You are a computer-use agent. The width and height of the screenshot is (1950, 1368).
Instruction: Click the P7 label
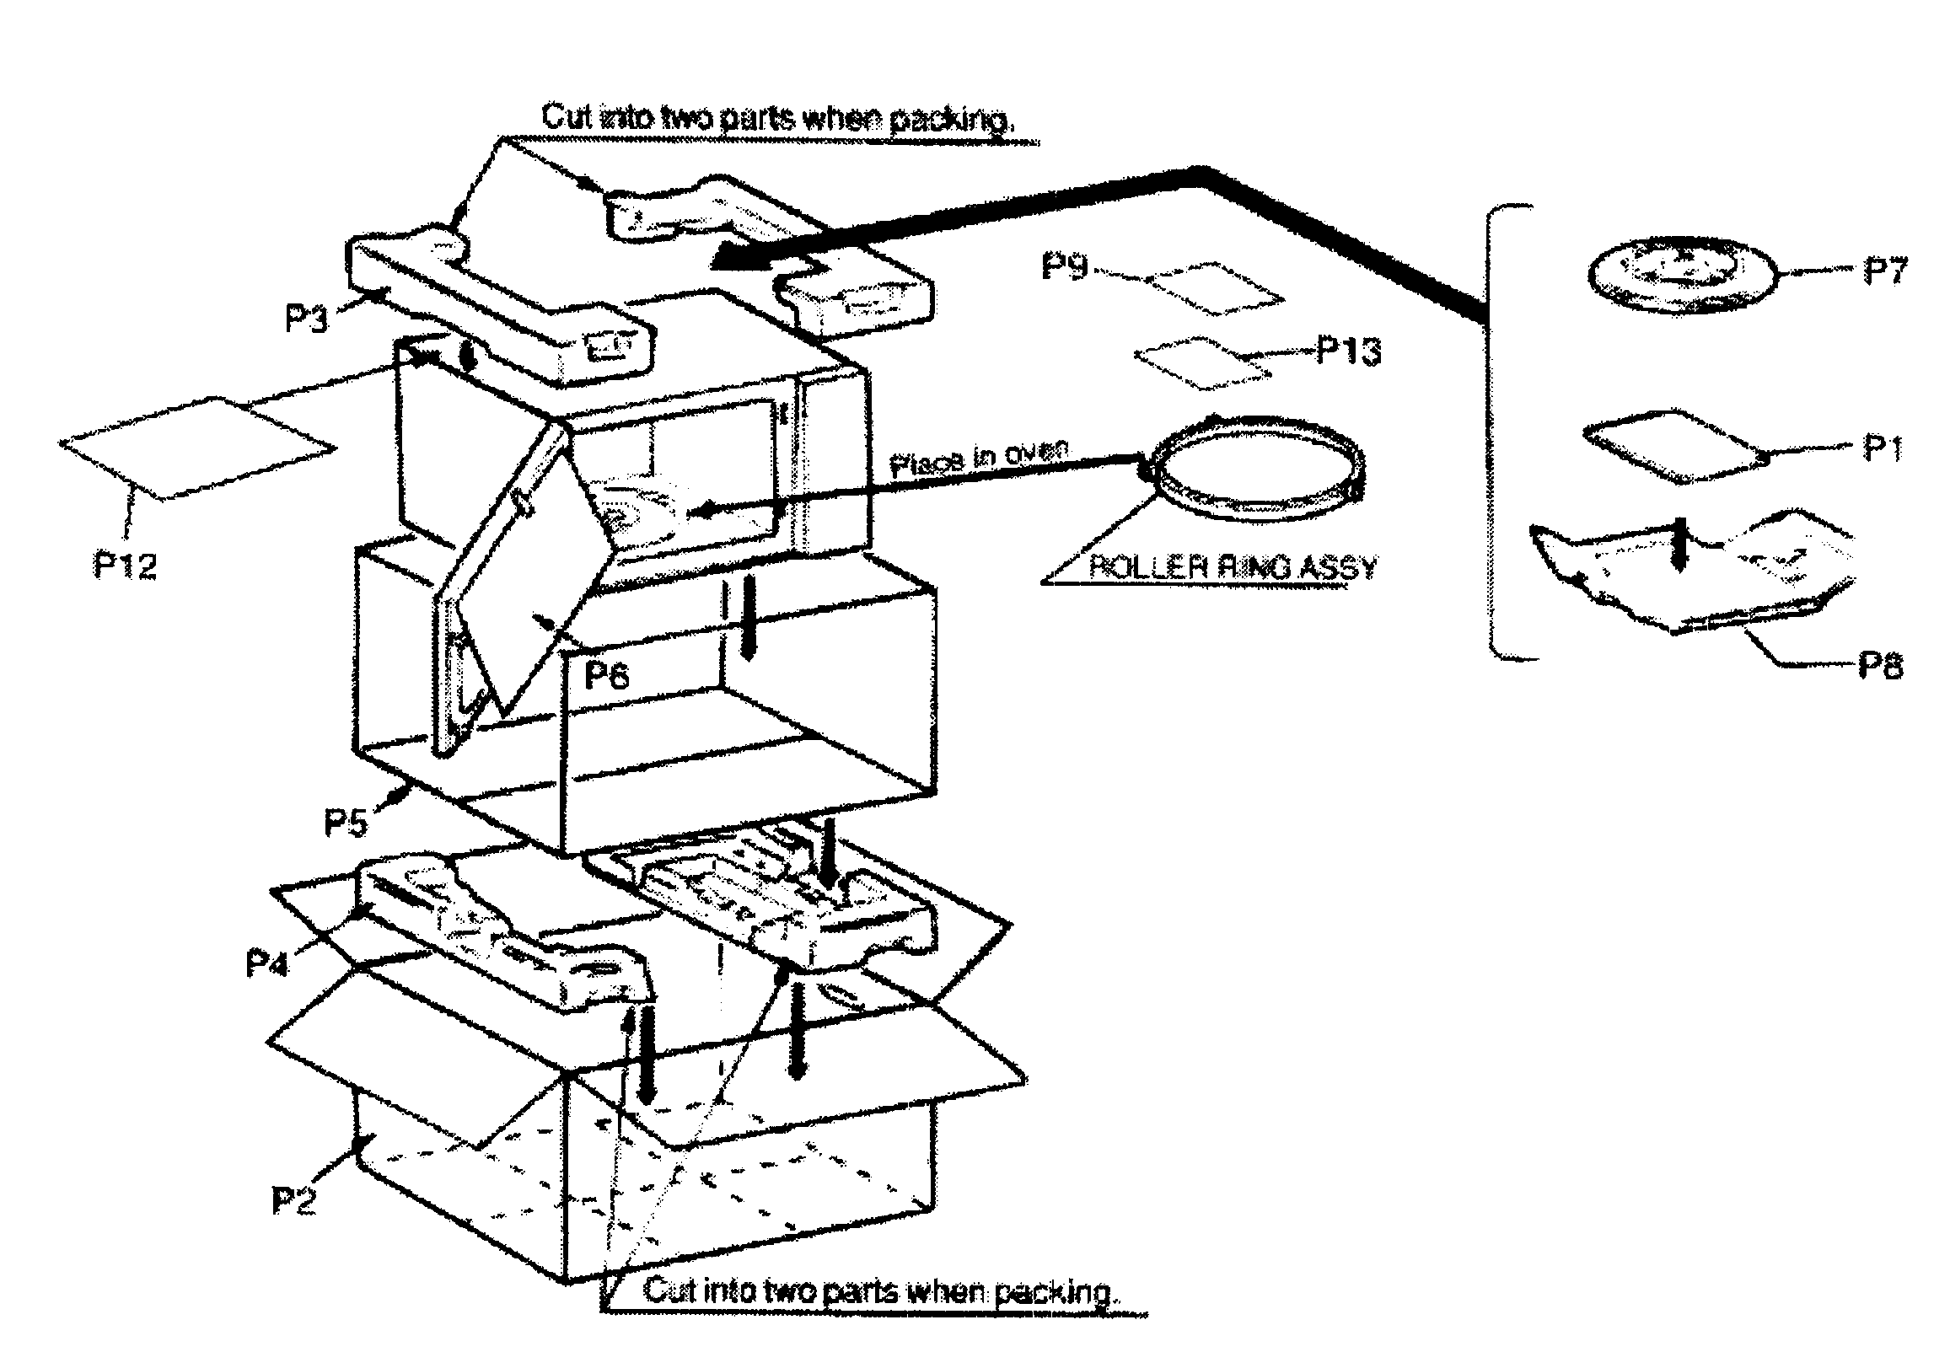pyautogui.click(x=1883, y=271)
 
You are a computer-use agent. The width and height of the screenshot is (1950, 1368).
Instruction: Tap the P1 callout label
pyautogui.click(x=1881, y=448)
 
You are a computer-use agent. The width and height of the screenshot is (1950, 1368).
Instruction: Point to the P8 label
pyautogui.click(x=1879, y=666)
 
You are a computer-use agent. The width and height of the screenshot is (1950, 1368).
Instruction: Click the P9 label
pyautogui.click(x=1064, y=266)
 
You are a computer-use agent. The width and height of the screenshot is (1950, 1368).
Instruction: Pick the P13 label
pyautogui.click(x=1348, y=350)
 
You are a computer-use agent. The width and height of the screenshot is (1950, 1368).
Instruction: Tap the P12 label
pyautogui.click(x=125, y=565)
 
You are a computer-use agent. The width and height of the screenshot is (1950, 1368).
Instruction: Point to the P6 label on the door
pyautogui.click(x=606, y=675)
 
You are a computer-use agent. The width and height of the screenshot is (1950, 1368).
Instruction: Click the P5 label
pyautogui.click(x=346, y=822)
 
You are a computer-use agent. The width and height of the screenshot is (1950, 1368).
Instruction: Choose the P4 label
pyautogui.click(x=266, y=963)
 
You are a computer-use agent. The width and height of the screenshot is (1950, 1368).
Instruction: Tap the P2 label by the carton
pyautogui.click(x=294, y=1200)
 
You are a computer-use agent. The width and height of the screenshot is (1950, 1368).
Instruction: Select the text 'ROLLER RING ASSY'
pyautogui.click(x=1232, y=567)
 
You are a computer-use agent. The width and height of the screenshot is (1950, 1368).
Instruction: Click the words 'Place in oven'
pyautogui.click(x=977, y=458)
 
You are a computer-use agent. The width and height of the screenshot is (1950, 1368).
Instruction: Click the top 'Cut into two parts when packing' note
pyautogui.click(x=776, y=118)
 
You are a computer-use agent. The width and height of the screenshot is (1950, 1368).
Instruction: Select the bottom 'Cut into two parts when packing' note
pyautogui.click(x=879, y=1291)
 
